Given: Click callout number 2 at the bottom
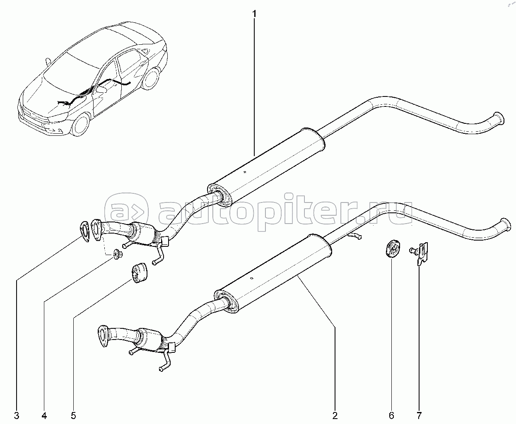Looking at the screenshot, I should pos(335,414).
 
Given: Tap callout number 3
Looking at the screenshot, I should pos(16,414).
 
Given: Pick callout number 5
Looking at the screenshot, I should pos(73,414).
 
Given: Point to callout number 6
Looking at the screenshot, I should pos(391,414).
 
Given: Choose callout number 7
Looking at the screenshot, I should pos(419,414).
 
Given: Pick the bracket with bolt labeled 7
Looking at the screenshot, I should pos(421,253).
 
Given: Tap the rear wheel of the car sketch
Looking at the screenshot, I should pos(152,78).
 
